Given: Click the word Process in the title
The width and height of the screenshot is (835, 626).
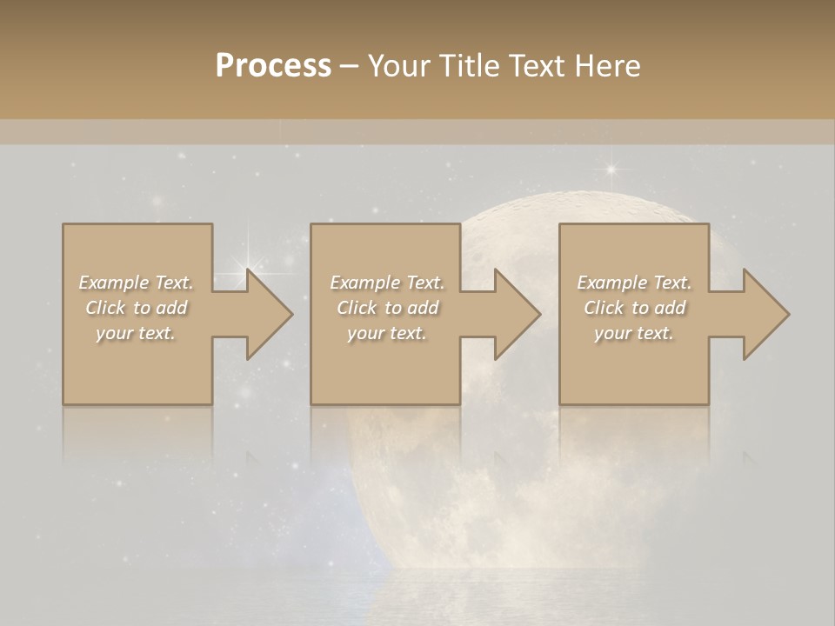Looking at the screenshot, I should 273,66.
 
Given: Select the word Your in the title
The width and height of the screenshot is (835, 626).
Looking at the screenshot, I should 400,66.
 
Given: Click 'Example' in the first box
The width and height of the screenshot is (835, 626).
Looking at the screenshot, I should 114,283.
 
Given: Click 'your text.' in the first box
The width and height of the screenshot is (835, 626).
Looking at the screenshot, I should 136,333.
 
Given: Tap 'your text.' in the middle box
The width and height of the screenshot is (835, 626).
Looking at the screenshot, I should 386,333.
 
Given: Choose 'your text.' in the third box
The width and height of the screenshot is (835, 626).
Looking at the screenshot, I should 633,333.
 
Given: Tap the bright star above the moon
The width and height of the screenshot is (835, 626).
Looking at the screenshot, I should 611,169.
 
